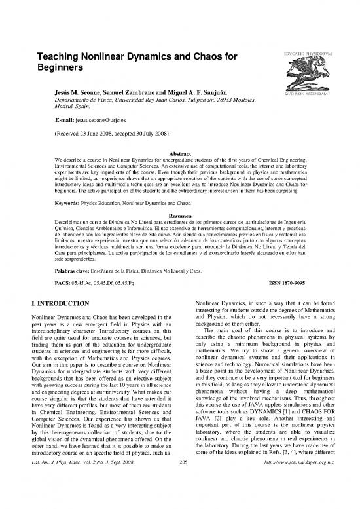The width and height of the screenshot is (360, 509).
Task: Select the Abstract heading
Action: [x=179, y=149]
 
